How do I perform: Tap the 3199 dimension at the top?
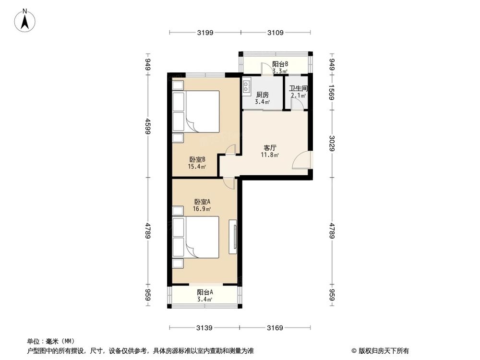205,33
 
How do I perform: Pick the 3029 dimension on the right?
332,143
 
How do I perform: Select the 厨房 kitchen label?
262,95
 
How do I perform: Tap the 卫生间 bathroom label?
298,89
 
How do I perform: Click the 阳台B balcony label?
280,64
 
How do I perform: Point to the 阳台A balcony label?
205,292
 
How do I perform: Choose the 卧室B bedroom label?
197,160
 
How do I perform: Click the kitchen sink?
247,86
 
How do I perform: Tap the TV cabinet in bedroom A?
234,237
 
